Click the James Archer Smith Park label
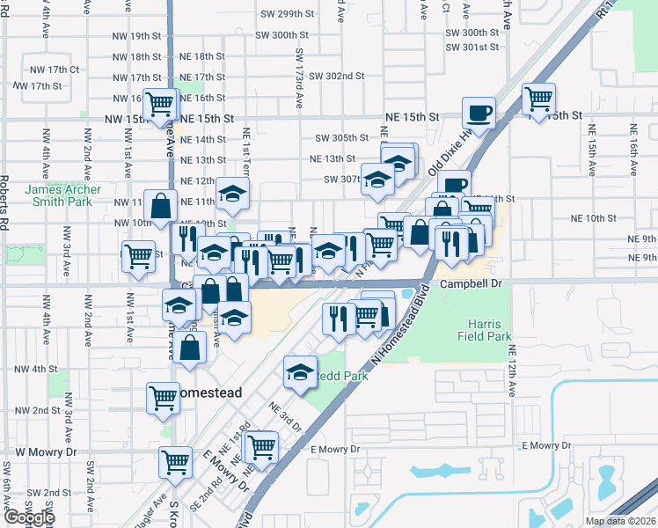tap(62, 195)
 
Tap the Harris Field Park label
tap(484, 329)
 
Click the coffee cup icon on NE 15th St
tap(479, 113)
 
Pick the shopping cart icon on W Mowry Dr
tap(175, 460)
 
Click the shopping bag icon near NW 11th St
tap(162, 207)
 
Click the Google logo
tap(28, 517)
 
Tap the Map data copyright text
tap(619, 521)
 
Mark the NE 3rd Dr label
tap(286, 415)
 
